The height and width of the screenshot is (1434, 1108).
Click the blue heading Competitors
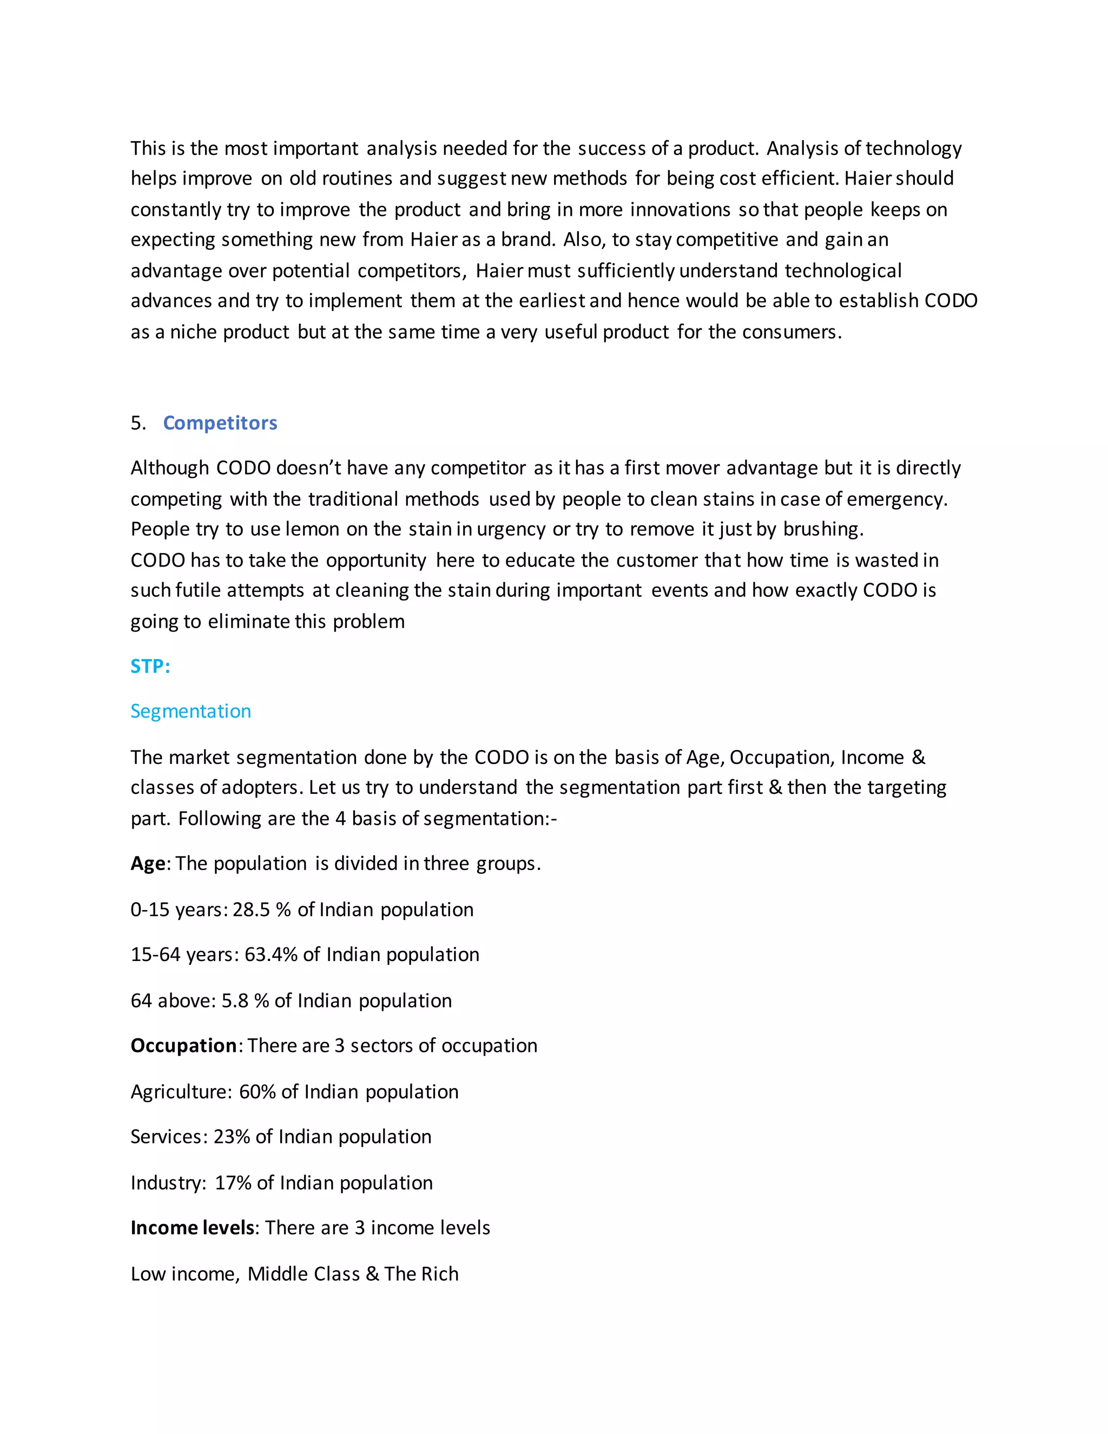(x=220, y=423)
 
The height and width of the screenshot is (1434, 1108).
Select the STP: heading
(x=150, y=667)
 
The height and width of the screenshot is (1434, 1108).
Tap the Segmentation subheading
(x=190, y=711)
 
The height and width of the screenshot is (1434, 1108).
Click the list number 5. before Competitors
(x=138, y=423)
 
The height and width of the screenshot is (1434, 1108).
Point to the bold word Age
(x=148, y=864)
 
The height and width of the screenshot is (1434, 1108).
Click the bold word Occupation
(x=183, y=1045)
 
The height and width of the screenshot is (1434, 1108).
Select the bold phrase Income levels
(x=192, y=1228)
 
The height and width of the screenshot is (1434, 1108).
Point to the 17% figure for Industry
(x=233, y=1183)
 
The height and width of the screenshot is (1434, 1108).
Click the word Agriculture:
(x=181, y=1092)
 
